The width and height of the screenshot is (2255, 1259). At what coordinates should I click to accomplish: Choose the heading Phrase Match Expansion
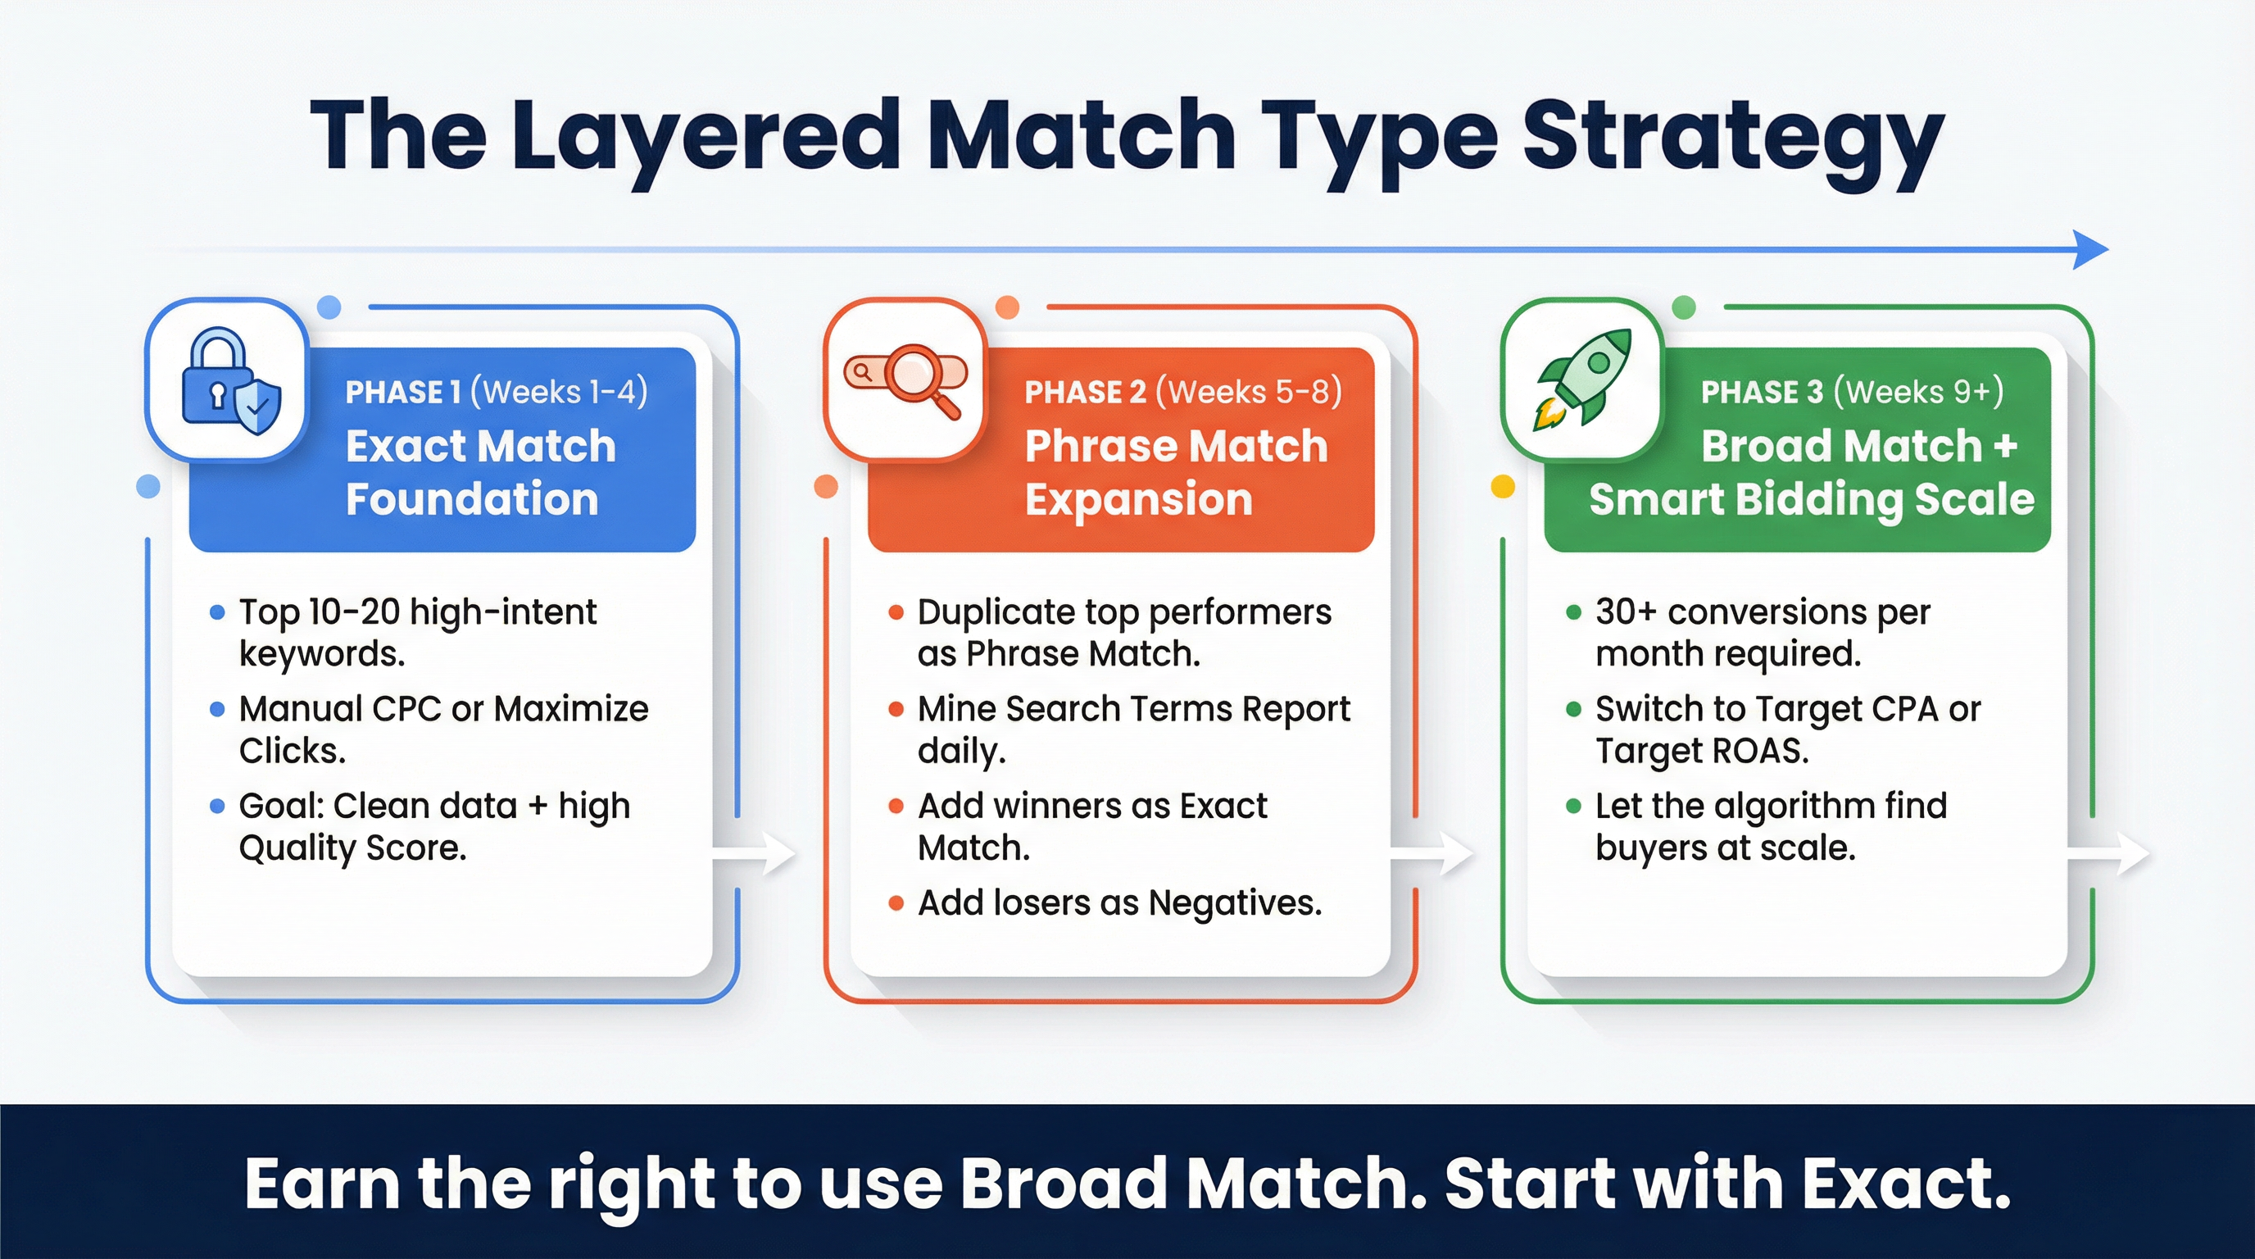click(x=1175, y=472)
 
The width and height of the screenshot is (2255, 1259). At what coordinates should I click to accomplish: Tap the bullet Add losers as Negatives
click(x=1118, y=902)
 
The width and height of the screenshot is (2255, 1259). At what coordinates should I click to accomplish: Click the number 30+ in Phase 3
click(x=1626, y=612)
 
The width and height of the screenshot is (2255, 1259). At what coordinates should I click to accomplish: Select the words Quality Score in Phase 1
click(x=352, y=848)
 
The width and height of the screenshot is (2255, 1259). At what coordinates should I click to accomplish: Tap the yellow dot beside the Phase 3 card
click(x=1502, y=487)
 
